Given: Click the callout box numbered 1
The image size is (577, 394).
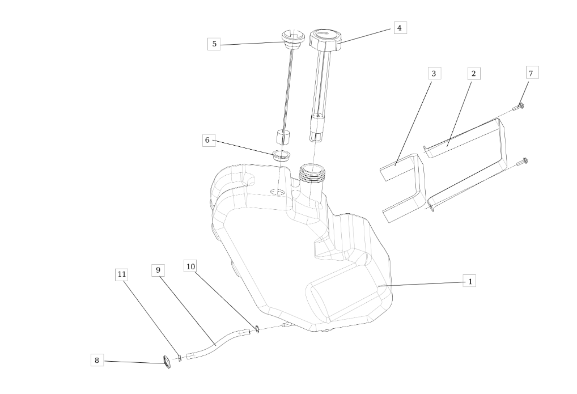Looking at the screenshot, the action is tap(469, 281).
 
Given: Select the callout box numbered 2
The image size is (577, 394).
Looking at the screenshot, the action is tap(474, 73).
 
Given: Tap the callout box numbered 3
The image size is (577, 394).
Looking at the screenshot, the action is tap(434, 73).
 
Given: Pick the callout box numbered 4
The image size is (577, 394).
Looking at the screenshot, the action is tap(400, 28).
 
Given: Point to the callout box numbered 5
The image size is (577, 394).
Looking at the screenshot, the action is tap(214, 44).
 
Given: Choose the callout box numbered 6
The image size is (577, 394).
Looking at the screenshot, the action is tap(208, 140).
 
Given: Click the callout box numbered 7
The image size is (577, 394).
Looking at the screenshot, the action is tap(531, 73).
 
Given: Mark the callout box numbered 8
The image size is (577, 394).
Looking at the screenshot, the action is tap(97, 360).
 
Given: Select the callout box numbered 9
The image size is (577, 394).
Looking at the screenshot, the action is tap(158, 270).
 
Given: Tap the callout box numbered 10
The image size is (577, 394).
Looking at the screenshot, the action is tap(190, 266).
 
